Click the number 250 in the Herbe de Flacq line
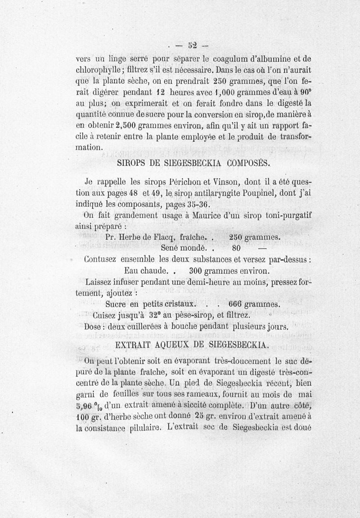pyautogui.click(x=238, y=237)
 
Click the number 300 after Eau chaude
pyautogui.click(x=198, y=271)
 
